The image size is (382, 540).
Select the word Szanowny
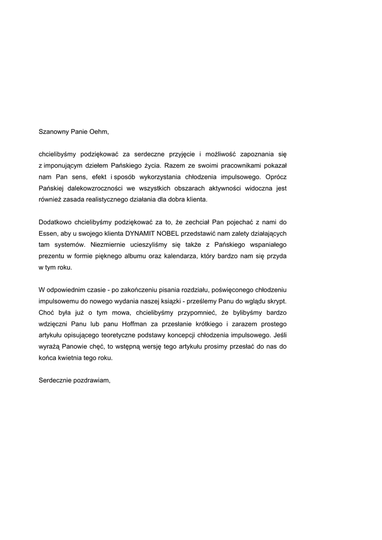tap(54, 132)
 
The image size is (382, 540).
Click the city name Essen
tap(47, 233)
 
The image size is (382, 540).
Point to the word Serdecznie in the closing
tap(55, 380)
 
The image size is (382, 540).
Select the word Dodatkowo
tap(55, 222)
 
